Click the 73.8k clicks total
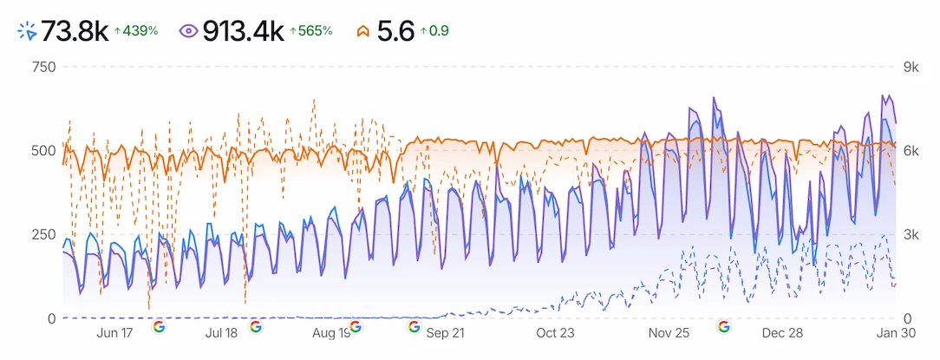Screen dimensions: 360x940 click(x=75, y=31)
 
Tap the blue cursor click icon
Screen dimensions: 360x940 click(x=27, y=31)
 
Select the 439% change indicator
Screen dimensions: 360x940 click(x=136, y=31)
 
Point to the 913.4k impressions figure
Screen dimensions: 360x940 click(x=243, y=31)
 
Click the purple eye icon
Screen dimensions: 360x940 click(x=188, y=31)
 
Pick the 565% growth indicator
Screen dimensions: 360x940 click(x=311, y=31)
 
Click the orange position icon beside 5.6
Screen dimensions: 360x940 click(x=364, y=31)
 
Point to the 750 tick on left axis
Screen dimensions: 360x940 click(x=42, y=67)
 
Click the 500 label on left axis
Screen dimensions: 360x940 click(x=42, y=151)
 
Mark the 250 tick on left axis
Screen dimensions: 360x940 click(x=42, y=235)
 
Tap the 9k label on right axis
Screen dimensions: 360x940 click(x=910, y=67)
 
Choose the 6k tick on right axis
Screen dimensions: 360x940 click(x=910, y=151)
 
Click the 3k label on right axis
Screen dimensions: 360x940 click(x=910, y=235)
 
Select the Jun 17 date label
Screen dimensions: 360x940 click(x=114, y=333)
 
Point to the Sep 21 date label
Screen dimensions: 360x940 click(x=446, y=333)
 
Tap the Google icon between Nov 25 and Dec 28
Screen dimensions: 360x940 click(x=723, y=327)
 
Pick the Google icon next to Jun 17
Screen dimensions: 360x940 click(x=159, y=327)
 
